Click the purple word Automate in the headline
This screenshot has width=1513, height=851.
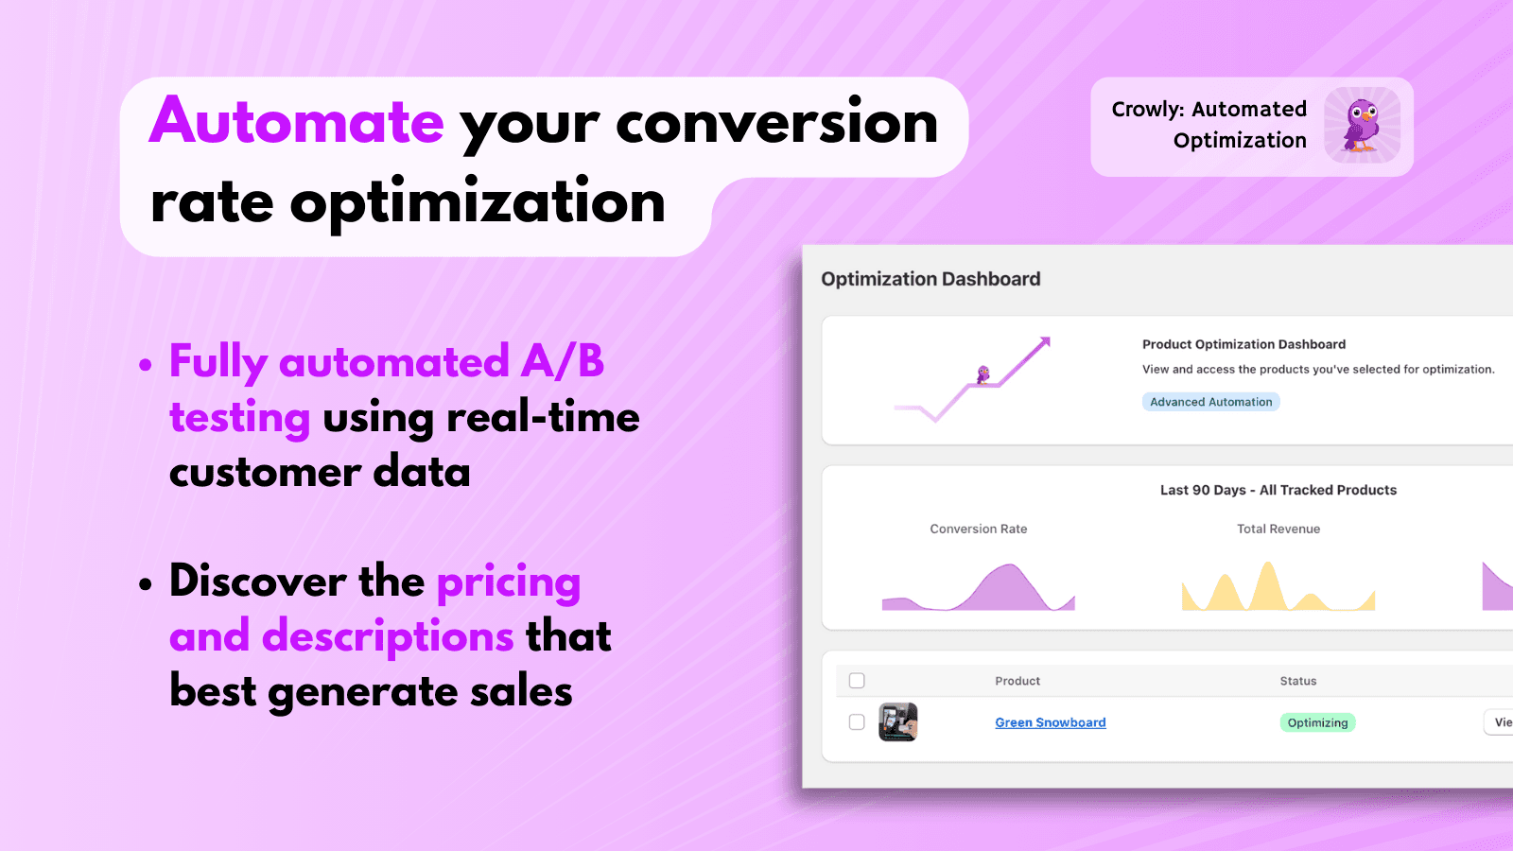pyautogui.click(x=296, y=122)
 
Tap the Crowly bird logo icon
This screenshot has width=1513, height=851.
pyautogui.click(x=1362, y=126)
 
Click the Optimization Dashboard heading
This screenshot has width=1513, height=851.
pyautogui.click(x=930, y=279)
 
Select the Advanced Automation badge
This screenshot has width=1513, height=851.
pyautogui.click(x=1210, y=402)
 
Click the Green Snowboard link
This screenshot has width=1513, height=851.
pyautogui.click(x=1050, y=722)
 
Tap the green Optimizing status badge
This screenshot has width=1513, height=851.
pyautogui.click(x=1317, y=722)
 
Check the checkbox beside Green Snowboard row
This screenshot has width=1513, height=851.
pyautogui.click(x=857, y=722)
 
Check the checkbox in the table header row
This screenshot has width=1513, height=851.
pyautogui.click(x=857, y=681)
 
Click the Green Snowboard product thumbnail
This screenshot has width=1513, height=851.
pyautogui.click(x=897, y=722)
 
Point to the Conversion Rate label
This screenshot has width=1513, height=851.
pyautogui.click(x=978, y=529)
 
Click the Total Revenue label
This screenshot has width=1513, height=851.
pyautogui.click(x=1278, y=529)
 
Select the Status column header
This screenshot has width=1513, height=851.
pyautogui.click(x=1297, y=681)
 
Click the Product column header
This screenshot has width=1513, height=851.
pyautogui.click(x=1017, y=681)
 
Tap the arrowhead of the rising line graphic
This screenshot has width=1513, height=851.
pyautogui.click(x=1045, y=341)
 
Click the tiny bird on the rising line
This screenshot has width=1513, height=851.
pyautogui.click(x=983, y=374)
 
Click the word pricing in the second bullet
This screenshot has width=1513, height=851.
pyautogui.click(x=509, y=582)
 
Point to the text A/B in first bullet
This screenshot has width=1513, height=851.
pyautogui.click(x=563, y=362)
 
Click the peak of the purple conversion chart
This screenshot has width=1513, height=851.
pyautogui.click(x=1008, y=567)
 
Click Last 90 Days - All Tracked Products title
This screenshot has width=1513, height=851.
pyautogui.click(x=1278, y=490)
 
